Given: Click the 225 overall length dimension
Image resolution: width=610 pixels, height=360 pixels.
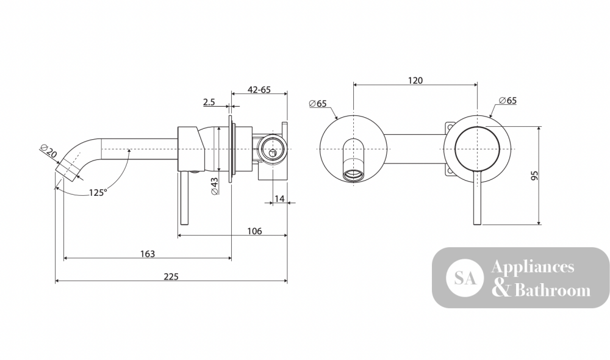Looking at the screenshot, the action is pyautogui.click(x=171, y=276).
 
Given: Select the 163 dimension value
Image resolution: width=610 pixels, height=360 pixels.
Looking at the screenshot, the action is pyautogui.click(x=148, y=254).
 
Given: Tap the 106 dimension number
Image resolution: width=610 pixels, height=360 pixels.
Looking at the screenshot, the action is pyautogui.click(x=255, y=231).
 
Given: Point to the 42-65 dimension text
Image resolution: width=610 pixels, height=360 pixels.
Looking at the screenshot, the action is pyautogui.click(x=259, y=90).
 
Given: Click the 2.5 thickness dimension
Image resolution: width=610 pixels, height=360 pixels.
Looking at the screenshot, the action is pyautogui.click(x=209, y=103).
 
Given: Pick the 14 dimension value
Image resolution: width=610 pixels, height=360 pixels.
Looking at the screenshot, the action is pyautogui.click(x=279, y=199).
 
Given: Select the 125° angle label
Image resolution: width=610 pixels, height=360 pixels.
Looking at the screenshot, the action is pyautogui.click(x=98, y=193).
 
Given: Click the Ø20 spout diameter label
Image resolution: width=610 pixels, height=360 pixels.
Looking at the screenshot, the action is pyautogui.click(x=49, y=151).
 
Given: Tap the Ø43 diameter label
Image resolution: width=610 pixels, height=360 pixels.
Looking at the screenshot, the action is pyautogui.click(x=214, y=186).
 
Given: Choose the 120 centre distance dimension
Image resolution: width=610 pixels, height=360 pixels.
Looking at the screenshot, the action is pyautogui.click(x=415, y=81).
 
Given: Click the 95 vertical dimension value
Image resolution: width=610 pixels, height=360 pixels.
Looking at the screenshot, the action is pyautogui.click(x=535, y=175).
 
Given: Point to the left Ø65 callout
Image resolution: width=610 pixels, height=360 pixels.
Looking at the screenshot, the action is pyautogui.click(x=318, y=104).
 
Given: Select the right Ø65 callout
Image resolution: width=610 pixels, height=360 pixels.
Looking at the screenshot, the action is pyautogui.click(x=508, y=101).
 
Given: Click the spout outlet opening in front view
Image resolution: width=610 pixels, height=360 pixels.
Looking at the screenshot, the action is pyautogui.click(x=354, y=175).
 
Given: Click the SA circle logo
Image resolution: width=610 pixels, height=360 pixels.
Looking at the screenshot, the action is pyautogui.click(x=465, y=278).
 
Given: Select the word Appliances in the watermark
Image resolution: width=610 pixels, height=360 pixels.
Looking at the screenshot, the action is pyautogui.click(x=533, y=267).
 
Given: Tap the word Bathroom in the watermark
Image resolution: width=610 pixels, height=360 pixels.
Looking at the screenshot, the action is pyautogui.click(x=553, y=290).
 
